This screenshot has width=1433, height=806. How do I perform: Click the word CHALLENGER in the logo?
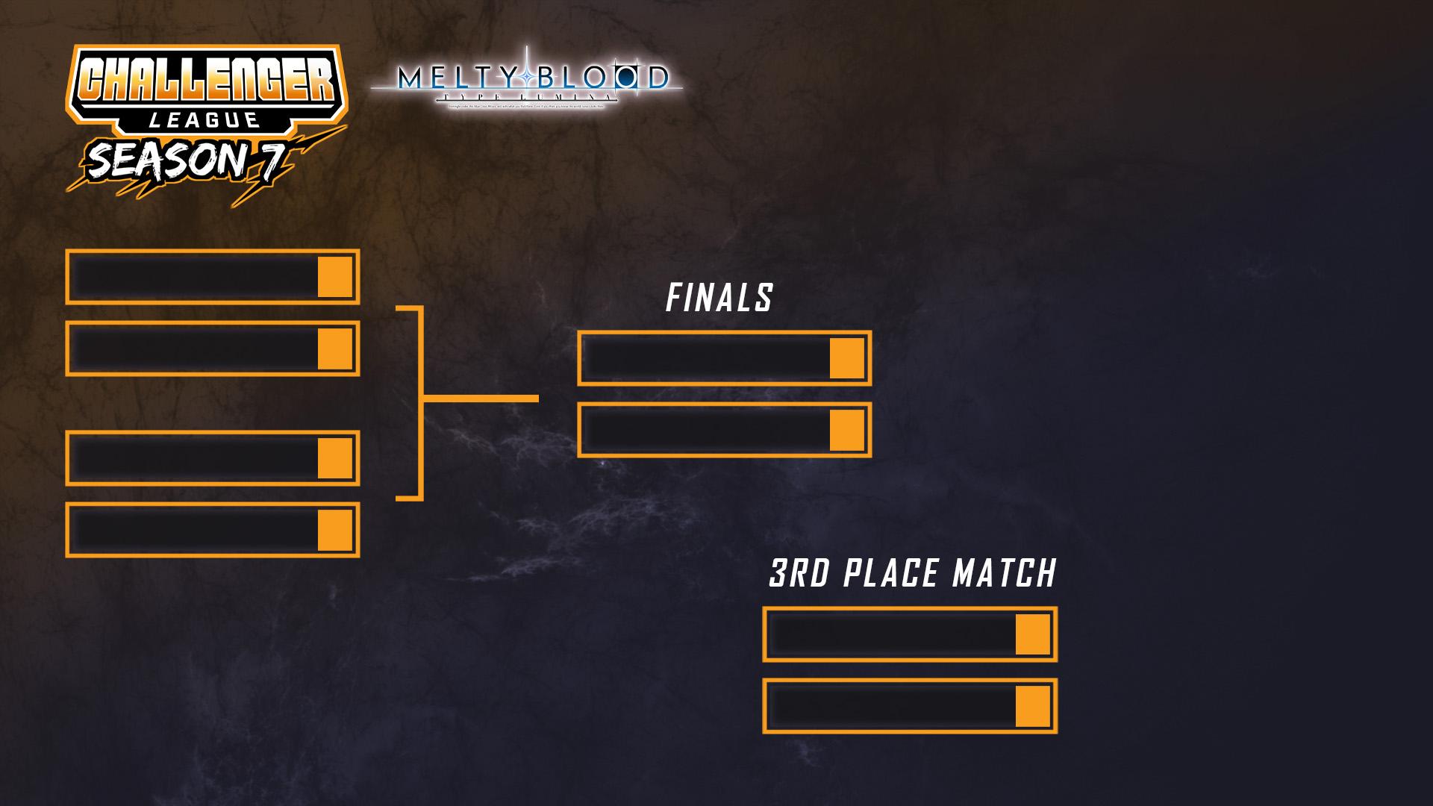pyautogui.click(x=205, y=81)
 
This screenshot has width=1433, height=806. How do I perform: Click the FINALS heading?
pyautogui.click(x=719, y=299)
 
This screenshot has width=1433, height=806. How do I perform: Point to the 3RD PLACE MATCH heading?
pyautogui.click(x=912, y=574)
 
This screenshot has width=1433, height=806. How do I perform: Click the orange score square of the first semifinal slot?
pyautogui.click(x=335, y=277)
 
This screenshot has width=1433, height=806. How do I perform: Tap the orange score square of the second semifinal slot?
pyautogui.click(x=335, y=349)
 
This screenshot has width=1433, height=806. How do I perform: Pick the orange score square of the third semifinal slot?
pyautogui.click(x=335, y=457)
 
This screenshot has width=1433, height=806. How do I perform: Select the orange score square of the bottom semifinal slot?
pyautogui.click(x=335, y=530)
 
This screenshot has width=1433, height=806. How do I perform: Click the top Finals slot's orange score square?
pyautogui.click(x=847, y=358)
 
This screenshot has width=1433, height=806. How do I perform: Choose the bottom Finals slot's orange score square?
pyautogui.click(x=847, y=430)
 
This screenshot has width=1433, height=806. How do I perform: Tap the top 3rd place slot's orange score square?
pyautogui.click(x=1033, y=634)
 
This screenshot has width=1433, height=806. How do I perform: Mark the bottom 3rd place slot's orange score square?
pyautogui.click(x=1033, y=706)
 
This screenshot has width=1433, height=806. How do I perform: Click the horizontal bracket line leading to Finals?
pyautogui.click(x=481, y=399)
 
